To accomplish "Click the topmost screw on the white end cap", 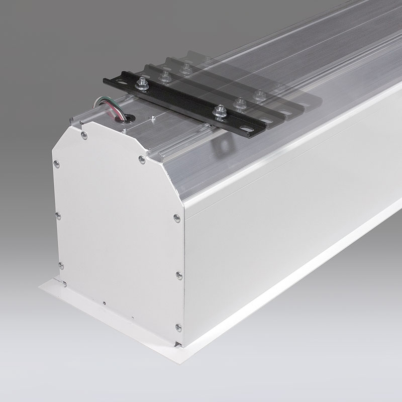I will click(x=84, y=135).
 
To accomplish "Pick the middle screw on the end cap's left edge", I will click(x=58, y=215).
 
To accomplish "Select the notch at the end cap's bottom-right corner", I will click(x=179, y=344).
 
